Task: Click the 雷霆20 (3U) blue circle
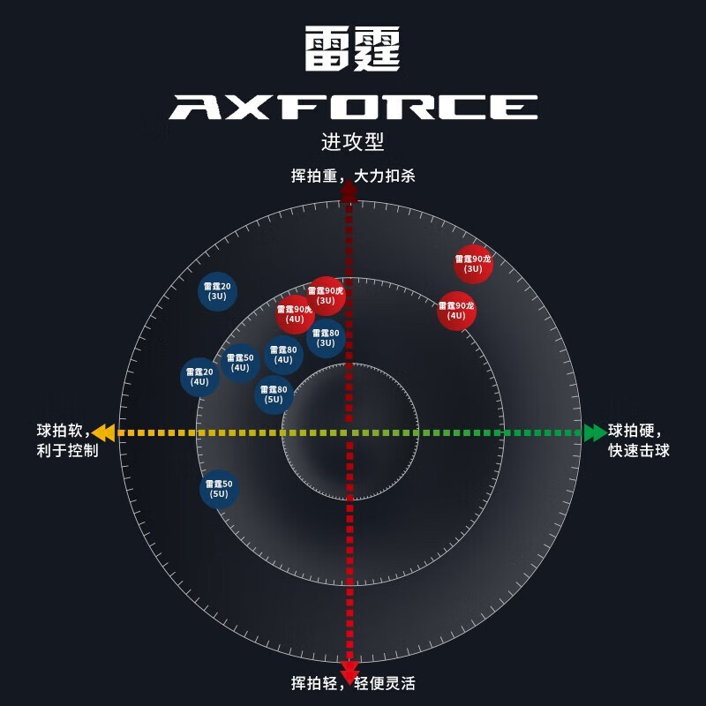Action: (x=217, y=291)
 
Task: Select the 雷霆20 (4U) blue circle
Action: (x=200, y=377)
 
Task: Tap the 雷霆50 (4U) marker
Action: (x=240, y=363)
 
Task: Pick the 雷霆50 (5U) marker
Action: (x=219, y=489)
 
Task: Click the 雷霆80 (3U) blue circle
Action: (x=326, y=338)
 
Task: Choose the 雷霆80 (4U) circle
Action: (x=283, y=355)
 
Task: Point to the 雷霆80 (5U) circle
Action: (x=274, y=394)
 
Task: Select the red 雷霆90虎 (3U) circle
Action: (x=326, y=296)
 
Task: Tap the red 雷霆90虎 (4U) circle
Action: (x=295, y=314)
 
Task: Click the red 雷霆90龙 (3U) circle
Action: (x=473, y=264)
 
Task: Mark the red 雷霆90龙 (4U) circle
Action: (x=456, y=311)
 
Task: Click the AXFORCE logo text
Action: (x=353, y=108)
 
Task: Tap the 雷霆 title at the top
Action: (x=353, y=49)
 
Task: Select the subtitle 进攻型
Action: (x=353, y=142)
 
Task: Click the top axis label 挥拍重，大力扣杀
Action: (x=353, y=176)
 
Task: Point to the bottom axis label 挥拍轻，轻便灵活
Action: (x=353, y=683)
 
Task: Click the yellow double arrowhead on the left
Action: (x=104, y=432)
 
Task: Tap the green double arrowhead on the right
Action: (x=595, y=432)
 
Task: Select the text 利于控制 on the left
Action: (x=67, y=451)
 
